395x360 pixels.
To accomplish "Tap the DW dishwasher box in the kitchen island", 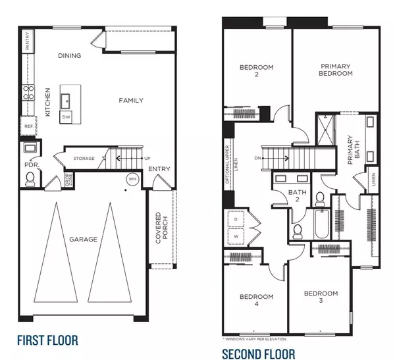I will click(66, 116).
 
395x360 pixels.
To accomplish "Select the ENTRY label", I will click(159, 169).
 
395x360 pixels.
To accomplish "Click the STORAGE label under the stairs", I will click(84, 159).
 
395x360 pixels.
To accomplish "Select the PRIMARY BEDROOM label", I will click(336, 70).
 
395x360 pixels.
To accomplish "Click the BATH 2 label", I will click(294, 195).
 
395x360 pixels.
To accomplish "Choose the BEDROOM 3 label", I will click(321, 297).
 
